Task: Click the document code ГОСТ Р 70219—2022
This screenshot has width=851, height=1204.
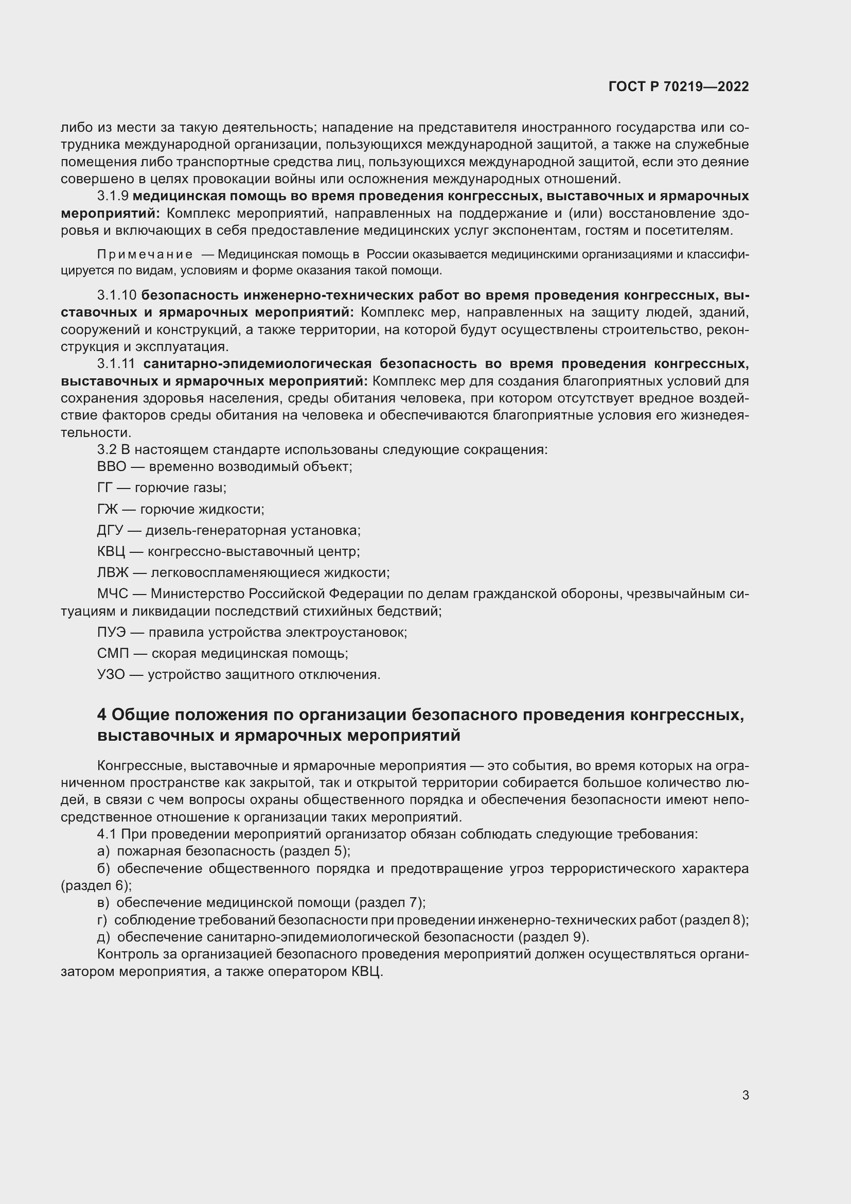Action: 679,86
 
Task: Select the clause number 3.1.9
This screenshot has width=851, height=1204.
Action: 113,196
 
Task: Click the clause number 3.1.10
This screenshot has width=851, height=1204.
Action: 117,295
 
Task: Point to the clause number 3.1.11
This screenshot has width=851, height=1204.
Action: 116,363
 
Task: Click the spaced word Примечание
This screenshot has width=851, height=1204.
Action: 145,255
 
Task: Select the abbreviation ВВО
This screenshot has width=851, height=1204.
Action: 112,467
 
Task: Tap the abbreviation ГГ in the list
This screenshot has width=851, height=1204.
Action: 105,487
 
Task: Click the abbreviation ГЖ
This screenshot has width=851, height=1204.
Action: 108,509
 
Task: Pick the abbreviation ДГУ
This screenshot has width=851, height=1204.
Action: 110,530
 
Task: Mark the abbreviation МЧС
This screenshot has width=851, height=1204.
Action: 113,594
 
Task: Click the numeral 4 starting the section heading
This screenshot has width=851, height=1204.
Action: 102,715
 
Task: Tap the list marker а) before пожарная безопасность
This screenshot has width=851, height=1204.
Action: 103,850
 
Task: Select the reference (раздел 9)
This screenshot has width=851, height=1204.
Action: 554,936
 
